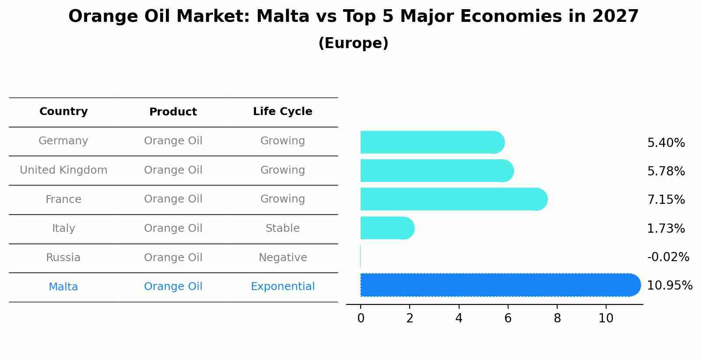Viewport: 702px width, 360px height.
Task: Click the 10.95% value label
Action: pyautogui.click(x=669, y=286)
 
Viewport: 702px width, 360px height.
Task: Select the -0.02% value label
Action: pyautogui.click(x=668, y=257)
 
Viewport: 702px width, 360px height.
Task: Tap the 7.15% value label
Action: pyautogui.click(x=666, y=200)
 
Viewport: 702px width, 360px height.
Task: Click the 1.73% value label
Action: pyautogui.click(x=666, y=228)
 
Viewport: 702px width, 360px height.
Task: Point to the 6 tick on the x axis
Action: pyautogui.click(x=508, y=318)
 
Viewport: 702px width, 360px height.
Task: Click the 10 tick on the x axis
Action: pyautogui.click(x=606, y=318)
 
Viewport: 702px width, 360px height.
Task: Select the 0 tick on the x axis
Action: pyautogui.click(x=361, y=318)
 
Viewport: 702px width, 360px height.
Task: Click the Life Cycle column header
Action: pyautogui.click(x=282, y=112)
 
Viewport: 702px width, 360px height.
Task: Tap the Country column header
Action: pyautogui.click(x=63, y=112)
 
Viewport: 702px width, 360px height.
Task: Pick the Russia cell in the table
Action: pyautogui.click(x=63, y=258)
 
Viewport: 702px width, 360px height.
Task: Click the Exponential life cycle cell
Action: pyautogui.click(x=282, y=287)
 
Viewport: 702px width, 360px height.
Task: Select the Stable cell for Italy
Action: pyautogui.click(x=282, y=228)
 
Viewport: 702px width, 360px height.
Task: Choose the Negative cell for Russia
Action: pyautogui.click(x=282, y=258)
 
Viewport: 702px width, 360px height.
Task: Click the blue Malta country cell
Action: pyautogui.click(x=63, y=287)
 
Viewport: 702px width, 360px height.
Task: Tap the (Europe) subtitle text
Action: pyautogui.click(x=353, y=43)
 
